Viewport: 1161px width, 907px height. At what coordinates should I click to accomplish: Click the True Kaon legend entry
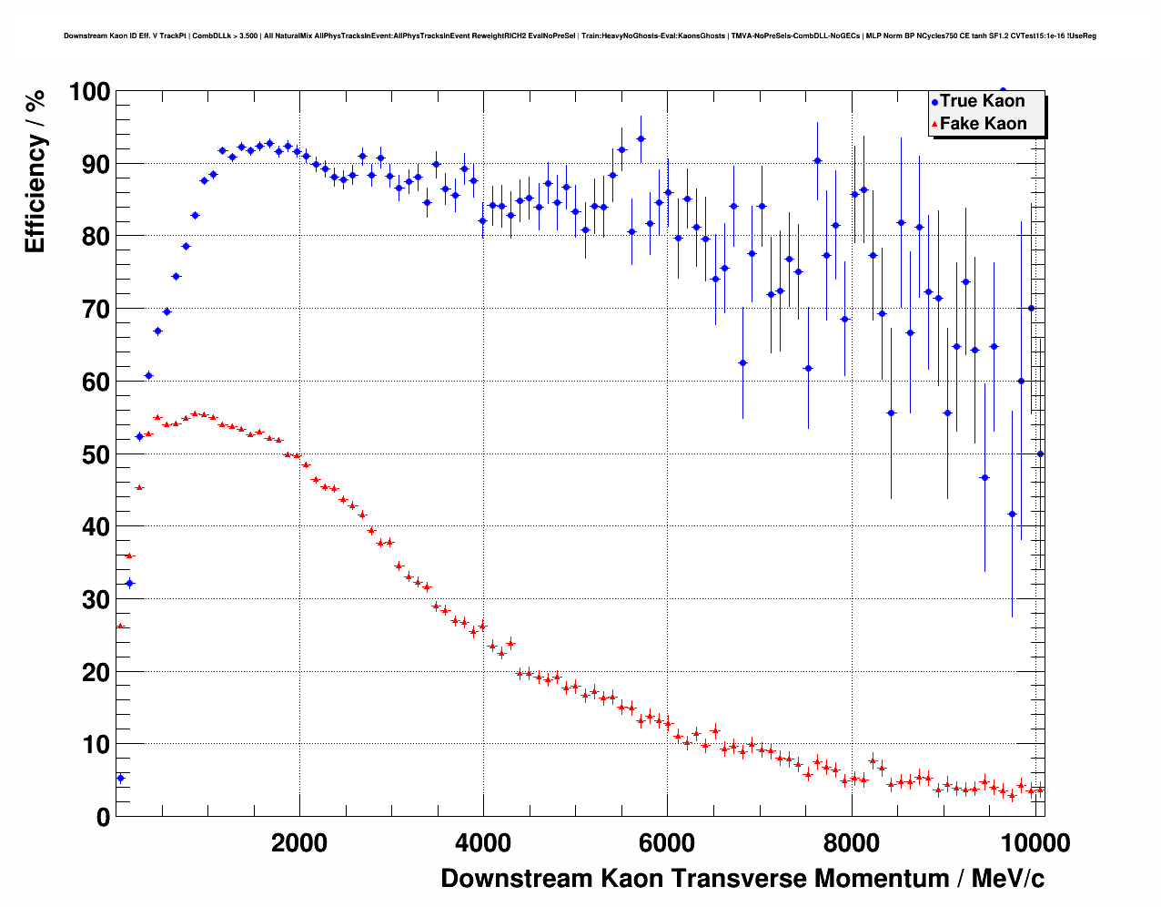[x=982, y=101]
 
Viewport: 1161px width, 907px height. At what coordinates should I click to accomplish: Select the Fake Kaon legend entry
[x=983, y=124]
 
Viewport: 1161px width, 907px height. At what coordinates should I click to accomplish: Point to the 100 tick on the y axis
[x=89, y=92]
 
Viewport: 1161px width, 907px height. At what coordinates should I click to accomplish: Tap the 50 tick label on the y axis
[x=89, y=454]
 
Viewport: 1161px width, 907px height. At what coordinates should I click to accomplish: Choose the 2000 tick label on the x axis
[x=299, y=842]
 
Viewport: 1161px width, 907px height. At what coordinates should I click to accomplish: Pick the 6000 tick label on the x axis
[x=667, y=842]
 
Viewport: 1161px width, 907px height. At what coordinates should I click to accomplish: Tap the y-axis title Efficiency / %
[x=35, y=170]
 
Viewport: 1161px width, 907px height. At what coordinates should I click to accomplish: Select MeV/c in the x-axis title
[x=1007, y=879]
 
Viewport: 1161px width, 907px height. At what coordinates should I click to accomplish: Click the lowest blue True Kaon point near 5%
[x=120, y=778]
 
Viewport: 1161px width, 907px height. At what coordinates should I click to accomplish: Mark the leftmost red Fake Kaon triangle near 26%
[x=120, y=626]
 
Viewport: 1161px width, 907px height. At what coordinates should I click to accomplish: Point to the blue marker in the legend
[x=934, y=102]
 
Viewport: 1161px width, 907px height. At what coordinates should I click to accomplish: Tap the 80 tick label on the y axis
[x=89, y=237]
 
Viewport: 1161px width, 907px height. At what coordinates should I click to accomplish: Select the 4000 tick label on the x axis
[x=483, y=842]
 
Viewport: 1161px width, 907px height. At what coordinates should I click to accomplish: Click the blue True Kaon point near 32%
[x=129, y=583]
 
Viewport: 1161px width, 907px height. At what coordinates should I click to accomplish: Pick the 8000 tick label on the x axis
[x=851, y=842]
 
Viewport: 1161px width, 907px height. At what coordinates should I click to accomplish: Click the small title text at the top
[x=580, y=36]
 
